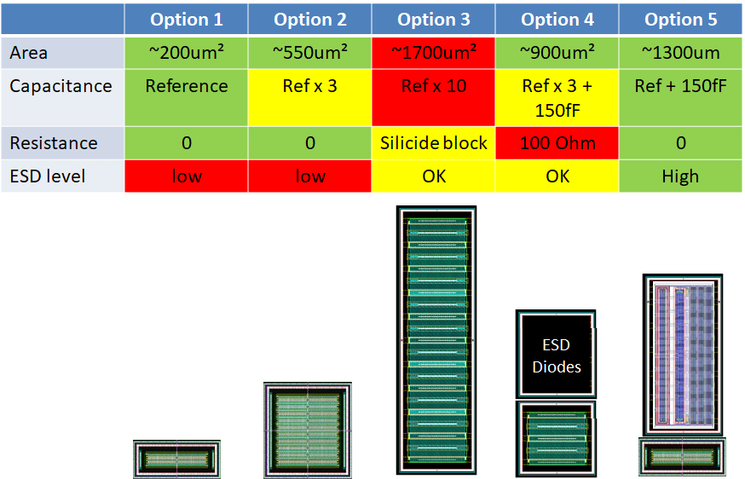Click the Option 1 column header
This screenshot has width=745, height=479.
click(186, 20)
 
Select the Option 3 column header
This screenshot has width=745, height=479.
click(433, 20)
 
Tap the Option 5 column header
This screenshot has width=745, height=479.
click(680, 20)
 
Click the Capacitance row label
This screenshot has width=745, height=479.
click(62, 86)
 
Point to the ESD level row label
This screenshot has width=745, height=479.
click(62, 176)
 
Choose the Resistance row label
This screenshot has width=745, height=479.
click(62, 143)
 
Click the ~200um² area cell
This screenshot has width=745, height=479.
click(186, 53)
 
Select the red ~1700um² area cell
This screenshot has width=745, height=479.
click(433, 53)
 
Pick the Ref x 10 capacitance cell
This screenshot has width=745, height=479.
click(433, 86)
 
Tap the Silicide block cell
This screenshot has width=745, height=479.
click(433, 143)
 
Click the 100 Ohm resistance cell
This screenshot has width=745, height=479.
click(557, 143)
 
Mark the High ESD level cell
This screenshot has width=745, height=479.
click(680, 176)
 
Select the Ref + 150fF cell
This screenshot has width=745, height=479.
click(680, 86)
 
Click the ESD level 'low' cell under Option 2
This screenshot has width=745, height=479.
click(309, 176)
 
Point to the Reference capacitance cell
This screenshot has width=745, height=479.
click(186, 86)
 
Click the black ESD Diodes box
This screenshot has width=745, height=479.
click(556, 355)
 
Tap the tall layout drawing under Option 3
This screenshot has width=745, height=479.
click(436, 339)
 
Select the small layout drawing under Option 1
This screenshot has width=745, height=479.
click(176, 459)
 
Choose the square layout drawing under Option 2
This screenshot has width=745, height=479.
click(307, 428)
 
